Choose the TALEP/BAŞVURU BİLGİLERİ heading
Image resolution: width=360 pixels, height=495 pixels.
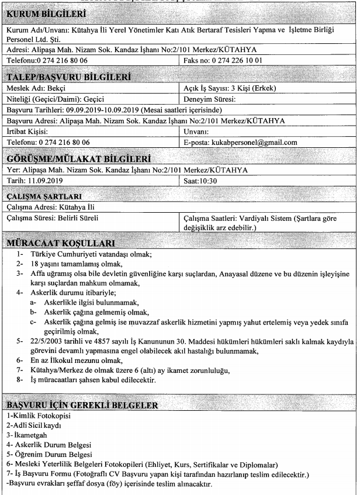(x=73, y=75)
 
